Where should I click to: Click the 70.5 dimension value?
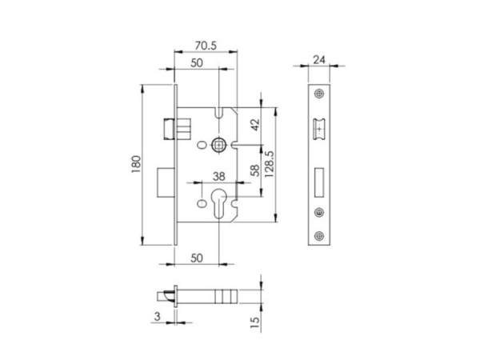coord(206,46)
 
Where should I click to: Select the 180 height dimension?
coord(136,164)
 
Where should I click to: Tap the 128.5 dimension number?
coord(269,164)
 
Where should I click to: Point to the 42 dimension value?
coord(255,125)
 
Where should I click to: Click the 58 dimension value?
coord(255,171)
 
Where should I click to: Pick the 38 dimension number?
coord(219,177)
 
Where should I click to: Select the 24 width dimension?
coord(319,60)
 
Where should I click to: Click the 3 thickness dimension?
coord(158,316)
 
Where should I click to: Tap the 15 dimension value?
coord(255,322)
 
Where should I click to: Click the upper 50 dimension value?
coord(197,63)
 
